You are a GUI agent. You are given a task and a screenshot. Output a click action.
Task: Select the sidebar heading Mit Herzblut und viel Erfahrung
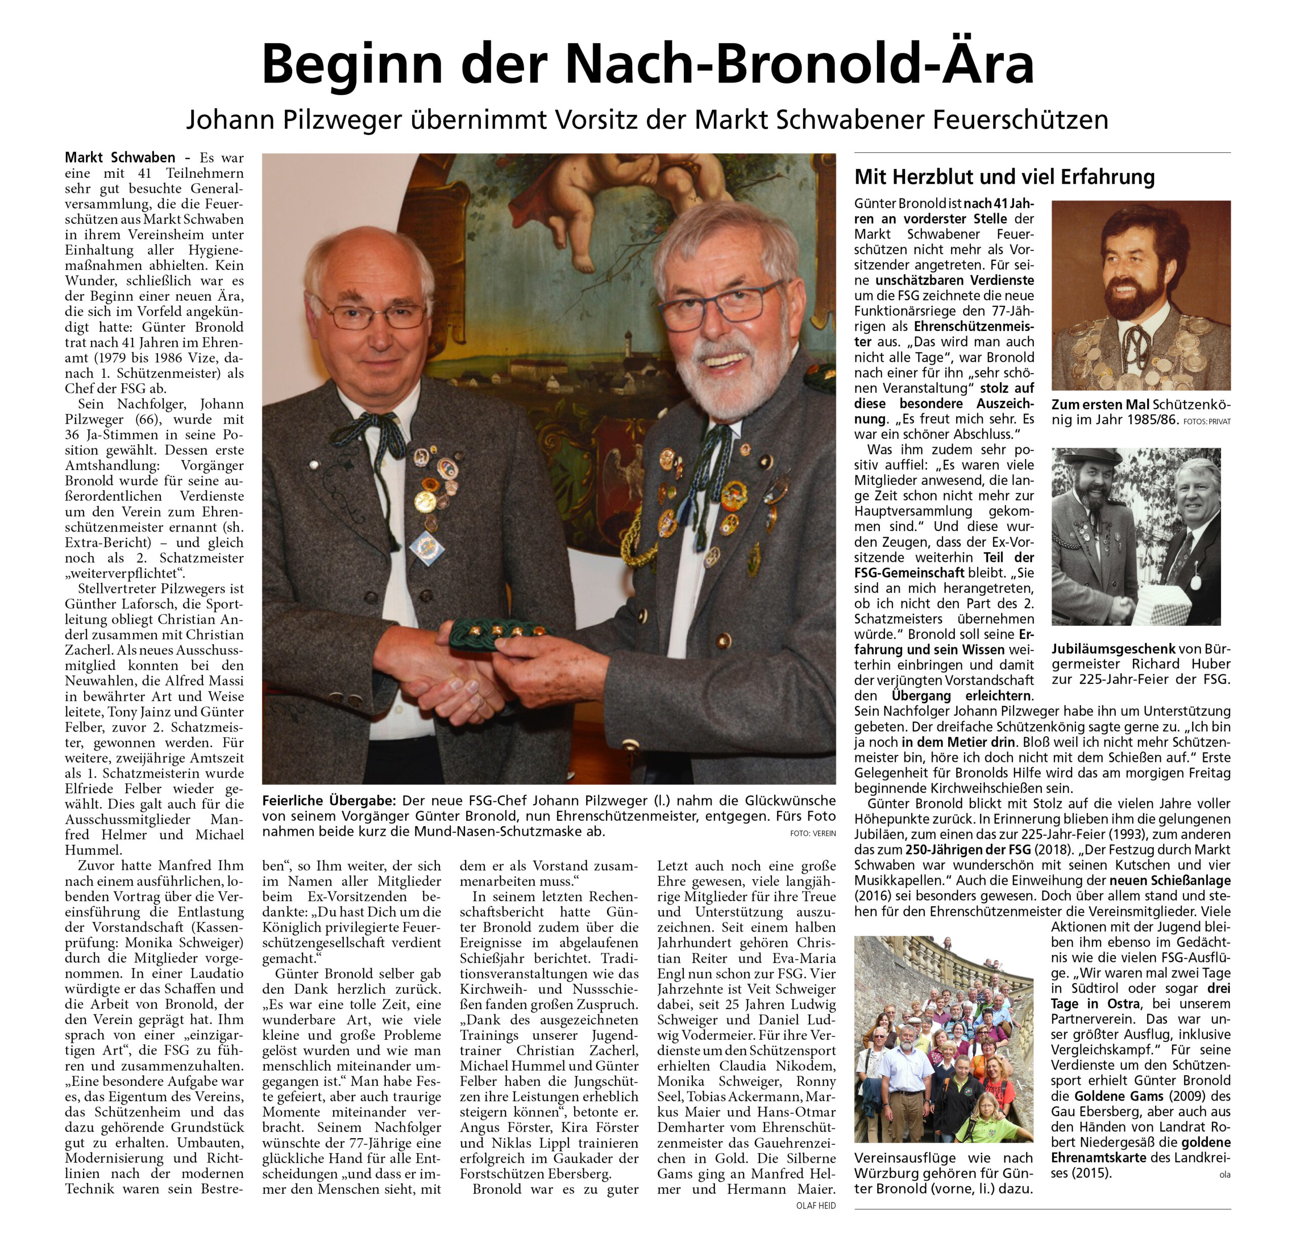pos(1004,177)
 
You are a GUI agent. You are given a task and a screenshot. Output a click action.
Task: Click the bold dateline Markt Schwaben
pos(119,157)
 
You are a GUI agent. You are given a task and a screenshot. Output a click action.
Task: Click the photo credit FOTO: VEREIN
pos(813,834)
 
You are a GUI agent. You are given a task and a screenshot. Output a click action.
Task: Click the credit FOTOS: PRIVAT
pos(1207,421)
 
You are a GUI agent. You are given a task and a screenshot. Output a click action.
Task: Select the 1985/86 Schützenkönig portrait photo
pos(1141,295)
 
